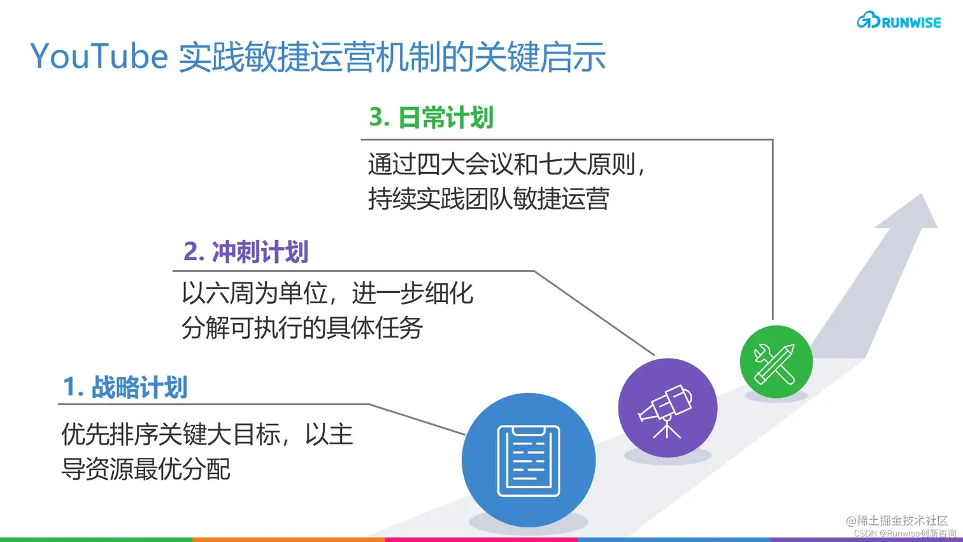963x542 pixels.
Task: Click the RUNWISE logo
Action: tap(899, 21)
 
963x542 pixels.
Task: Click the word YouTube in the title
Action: tap(99, 57)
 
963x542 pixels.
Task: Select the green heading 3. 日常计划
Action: tap(431, 118)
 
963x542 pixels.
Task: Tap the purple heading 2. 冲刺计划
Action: tap(246, 252)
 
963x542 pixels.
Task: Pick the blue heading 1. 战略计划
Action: tap(125, 387)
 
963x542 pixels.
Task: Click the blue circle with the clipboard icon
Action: tap(528, 460)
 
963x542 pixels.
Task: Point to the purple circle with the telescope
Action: tap(667, 408)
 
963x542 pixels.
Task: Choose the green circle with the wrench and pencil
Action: tap(776, 362)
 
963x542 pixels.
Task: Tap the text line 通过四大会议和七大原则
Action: tap(506, 165)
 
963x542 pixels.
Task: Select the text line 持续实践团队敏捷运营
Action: tap(489, 199)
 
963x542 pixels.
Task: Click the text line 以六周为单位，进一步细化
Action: tap(327, 294)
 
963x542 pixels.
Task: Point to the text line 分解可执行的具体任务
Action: tap(302, 328)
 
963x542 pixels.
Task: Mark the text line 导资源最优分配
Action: tap(145, 469)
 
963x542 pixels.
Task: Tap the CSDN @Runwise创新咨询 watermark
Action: tap(904, 534)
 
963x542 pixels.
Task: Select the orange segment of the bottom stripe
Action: tap(289, 539)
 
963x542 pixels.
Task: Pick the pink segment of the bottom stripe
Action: tap(481, 539)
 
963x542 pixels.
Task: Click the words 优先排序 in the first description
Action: tap(109, 435)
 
